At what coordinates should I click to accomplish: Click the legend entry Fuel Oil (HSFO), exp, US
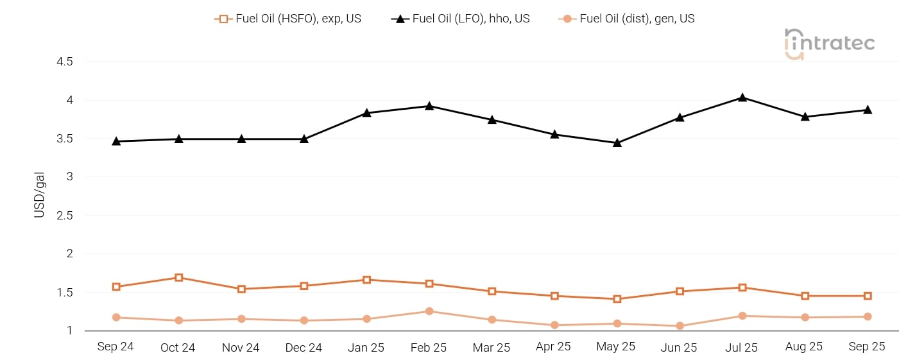289,19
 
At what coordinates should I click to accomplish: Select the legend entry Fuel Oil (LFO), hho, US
461,19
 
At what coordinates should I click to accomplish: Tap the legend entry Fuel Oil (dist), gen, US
628,19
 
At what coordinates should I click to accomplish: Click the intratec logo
829,44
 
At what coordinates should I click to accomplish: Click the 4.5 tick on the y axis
65,62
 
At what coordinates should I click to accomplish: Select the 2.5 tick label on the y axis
65,215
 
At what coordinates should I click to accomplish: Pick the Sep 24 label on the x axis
116,347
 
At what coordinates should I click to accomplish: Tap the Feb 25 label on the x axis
429,347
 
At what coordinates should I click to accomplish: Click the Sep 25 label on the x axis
867,347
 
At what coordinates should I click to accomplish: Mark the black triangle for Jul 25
742,98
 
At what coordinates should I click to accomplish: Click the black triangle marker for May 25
617,142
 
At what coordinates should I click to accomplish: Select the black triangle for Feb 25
429,106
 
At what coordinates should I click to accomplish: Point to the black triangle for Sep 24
116,141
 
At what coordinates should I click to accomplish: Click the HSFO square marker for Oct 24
179,278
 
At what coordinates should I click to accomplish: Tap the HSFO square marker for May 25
617,299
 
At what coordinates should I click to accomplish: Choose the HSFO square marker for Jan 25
367,280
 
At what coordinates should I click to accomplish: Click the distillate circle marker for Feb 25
429,311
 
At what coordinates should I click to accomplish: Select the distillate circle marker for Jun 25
680,326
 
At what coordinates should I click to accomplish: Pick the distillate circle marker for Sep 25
868,316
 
